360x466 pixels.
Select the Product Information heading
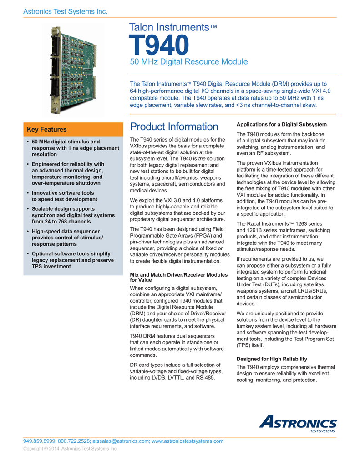[x=174, y=127]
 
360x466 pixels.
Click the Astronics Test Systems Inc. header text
[x=65, y=11]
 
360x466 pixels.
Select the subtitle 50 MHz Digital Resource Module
[x=189, y=62]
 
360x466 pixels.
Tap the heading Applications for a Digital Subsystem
[x=281, y=124]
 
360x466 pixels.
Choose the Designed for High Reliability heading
[x=272, y=359]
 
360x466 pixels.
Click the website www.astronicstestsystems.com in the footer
[x=187, y=441]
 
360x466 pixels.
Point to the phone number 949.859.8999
[x=39, y=441]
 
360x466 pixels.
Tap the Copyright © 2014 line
[x=70, y=449]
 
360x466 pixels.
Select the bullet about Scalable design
[x=73, y=215]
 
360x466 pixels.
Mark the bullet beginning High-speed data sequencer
[x=68, y=238]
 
